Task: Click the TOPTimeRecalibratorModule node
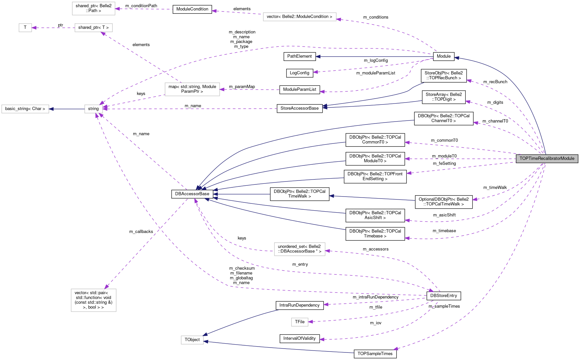click(547, 159)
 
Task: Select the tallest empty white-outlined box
click(94, 300)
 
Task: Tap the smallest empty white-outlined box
click(25, 28)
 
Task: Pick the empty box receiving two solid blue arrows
click(192, 340)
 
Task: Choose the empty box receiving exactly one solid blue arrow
click(25, 109)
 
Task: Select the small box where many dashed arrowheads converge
click(94, 109)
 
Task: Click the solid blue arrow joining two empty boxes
click(67, 109)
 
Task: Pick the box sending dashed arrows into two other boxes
click(192, 89)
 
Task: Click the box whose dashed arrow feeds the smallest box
click(94, 28)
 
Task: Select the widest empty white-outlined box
click(300, 17)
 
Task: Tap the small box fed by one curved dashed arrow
click(300, 322)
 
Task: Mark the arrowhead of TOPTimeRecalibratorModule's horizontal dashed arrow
click(407, 159)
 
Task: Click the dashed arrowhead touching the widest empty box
click(339, 20)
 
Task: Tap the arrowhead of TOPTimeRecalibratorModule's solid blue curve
click(456, 58)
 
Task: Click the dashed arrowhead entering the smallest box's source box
click(103, 33)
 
